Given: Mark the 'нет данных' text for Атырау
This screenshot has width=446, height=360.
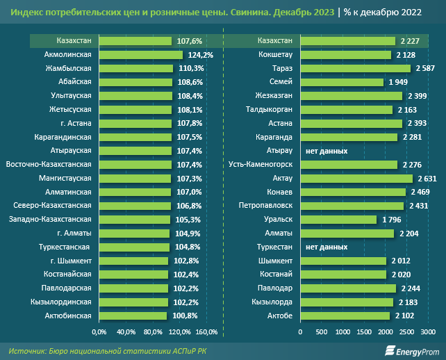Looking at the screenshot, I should [x=327, y=151].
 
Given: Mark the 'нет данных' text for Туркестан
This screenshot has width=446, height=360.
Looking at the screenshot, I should [x=327, y=247].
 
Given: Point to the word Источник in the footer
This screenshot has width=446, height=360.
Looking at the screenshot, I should [x=27, y=350].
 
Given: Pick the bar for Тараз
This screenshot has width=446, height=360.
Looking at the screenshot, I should [x=355, y=69].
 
